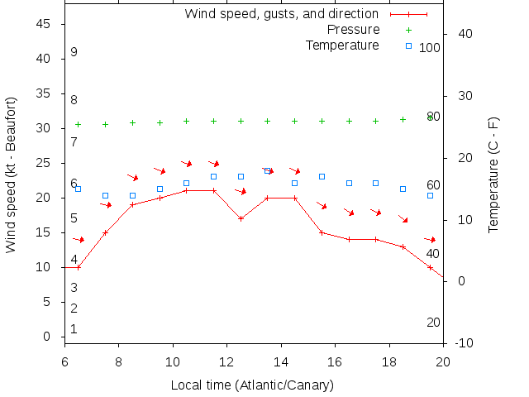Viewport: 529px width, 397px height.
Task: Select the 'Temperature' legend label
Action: coord(342,45)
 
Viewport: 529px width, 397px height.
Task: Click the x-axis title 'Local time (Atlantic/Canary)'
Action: coord(251,385)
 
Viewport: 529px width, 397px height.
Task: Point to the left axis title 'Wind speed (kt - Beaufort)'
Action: coord(12,175)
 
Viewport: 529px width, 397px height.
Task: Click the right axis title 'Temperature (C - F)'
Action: coord(493,175)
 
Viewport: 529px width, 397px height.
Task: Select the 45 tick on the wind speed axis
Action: coord(45,25)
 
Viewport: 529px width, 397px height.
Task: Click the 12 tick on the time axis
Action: coord(227,361)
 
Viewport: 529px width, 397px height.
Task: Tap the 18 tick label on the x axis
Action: coord(389,361)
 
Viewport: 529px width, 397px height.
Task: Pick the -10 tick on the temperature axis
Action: coord(465,343)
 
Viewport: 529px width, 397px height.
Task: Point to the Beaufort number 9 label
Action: coord(74,52)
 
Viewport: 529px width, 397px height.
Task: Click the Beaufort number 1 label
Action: coord(74,329)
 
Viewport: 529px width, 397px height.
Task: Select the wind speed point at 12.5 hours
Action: coord(241,218)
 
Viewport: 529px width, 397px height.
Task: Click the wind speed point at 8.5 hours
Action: coord(132,204)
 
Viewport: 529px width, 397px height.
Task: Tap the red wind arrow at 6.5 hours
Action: coord(79,240)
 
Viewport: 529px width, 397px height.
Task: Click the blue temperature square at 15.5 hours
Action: coord(322,177)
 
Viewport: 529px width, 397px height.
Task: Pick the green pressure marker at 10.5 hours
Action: coord(186,121)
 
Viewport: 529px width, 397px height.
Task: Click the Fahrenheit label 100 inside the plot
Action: coord(430,48)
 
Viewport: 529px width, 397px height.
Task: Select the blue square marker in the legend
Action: coord(408,45)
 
